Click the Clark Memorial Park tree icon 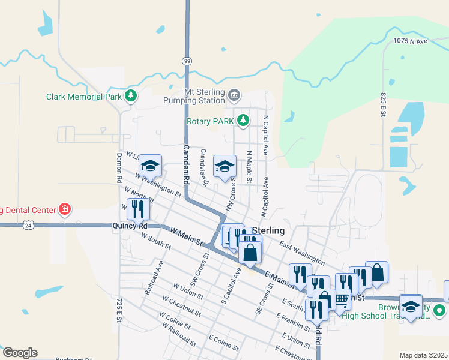pos(130,96)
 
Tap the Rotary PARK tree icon pos(243,121)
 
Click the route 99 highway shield pos(187,61)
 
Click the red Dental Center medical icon pos(64,209)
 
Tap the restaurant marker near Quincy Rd pos(138,210)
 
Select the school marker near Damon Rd pos(150,166)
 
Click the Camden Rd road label pos(187,164)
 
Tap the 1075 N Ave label pos(409,41)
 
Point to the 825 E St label pos(383,104)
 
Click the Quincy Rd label pos(129,226)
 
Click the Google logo pos(20,353)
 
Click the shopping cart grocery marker pos(340,300)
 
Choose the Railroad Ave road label pos(154,277)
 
